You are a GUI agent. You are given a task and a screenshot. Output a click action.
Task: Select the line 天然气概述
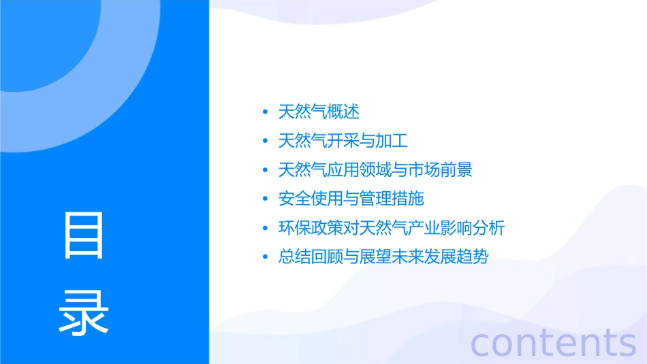(x=319, y=112)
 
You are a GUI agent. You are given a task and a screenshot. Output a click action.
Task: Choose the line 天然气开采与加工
(x=343, y=141)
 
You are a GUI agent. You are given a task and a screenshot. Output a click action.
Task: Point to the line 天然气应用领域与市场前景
(x=375, y=169)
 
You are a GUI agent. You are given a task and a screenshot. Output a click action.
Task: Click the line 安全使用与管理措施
(x=351, y=199)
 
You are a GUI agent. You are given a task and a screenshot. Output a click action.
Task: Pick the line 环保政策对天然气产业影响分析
(x=392, y=228)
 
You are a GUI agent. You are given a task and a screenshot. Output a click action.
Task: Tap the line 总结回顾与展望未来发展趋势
(x=383, y=257)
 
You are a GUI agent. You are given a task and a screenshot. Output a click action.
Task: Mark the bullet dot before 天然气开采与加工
(x=265, y=142)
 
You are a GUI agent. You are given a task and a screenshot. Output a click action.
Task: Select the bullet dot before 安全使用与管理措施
(x=265, y=199)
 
